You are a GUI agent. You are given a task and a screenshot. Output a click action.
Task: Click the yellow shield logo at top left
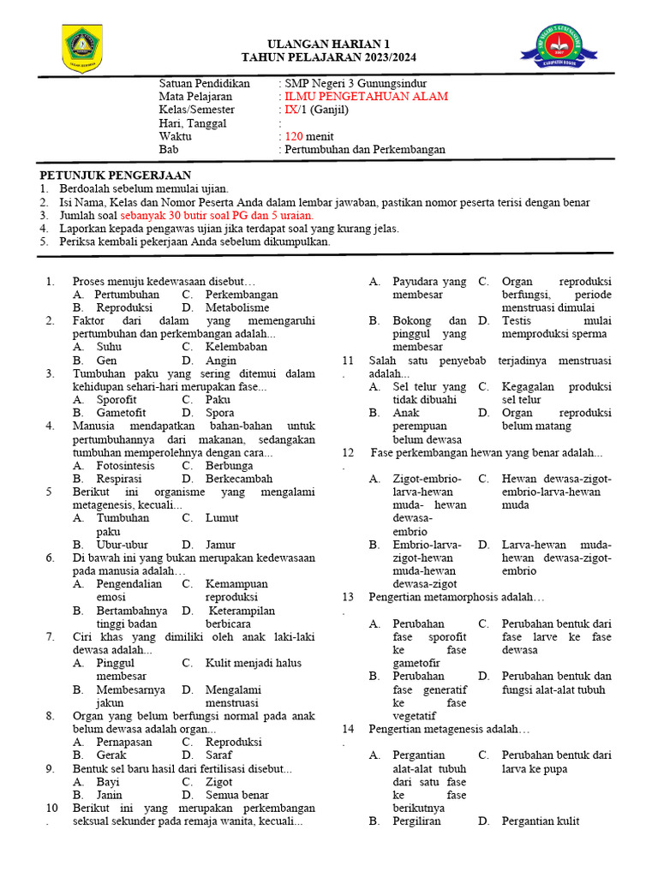point(82,49)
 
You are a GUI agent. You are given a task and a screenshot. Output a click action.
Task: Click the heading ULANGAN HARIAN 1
point(328,44)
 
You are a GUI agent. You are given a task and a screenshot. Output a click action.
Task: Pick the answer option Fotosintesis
point(125,465)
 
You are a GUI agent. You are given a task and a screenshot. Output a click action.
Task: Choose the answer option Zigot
point(218,781)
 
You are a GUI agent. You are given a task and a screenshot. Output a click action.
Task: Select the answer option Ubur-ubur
point(122,544)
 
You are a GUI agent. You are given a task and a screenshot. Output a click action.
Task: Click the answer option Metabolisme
point(237,307)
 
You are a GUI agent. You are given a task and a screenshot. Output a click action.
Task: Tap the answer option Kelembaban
point(236,347)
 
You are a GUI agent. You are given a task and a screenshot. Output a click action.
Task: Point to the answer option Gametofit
point(121,412)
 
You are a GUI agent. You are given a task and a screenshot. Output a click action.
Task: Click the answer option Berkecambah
point(239,478)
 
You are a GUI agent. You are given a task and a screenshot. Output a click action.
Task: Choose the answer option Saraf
point(218,755)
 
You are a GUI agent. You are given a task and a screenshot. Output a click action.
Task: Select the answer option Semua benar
point(236,794)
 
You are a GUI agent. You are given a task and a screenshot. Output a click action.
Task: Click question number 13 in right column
point(348,596)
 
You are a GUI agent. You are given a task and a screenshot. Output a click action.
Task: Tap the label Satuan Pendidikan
point(205,84)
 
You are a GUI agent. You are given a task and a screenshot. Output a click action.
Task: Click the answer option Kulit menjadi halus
point(253,662)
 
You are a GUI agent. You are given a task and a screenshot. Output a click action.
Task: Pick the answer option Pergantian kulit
point(540,820)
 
